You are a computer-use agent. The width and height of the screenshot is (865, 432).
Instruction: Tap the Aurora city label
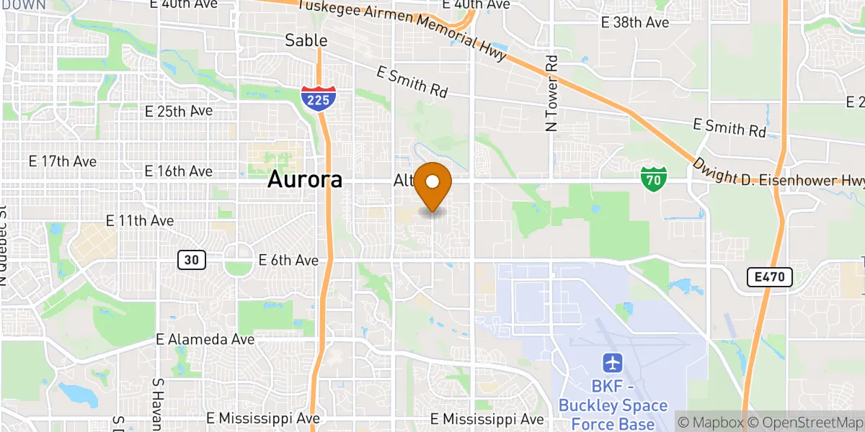tap(305, 179)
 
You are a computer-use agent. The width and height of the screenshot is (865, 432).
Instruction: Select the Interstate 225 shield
tap(317, 96)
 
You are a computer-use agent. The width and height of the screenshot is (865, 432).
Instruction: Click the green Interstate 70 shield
tap(653, 178)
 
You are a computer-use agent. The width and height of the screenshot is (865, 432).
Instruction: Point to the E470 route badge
tap(769, 277)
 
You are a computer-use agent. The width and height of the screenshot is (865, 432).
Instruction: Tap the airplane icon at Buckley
tap(613, 361)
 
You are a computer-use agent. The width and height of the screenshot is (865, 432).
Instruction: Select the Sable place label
tap(306, 40)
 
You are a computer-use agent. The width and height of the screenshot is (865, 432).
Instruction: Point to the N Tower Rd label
tap(552, 94)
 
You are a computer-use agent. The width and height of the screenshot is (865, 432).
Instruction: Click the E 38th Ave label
tap(635, 22)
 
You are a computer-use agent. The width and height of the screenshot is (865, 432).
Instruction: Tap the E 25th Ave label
tap(179, 112)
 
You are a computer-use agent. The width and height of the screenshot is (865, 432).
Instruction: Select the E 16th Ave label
tap(179, 171)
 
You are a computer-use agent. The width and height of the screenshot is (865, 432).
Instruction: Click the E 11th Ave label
tap(140, 220)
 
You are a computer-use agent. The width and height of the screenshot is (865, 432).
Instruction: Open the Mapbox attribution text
tap(711, 422)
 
